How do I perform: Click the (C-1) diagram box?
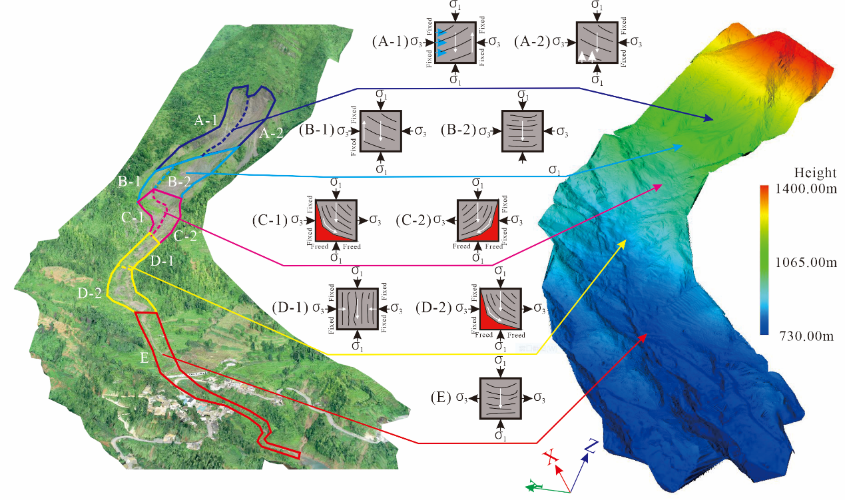(x=336, y=220)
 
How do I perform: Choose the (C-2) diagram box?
(x=477, y=220)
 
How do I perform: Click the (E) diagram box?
(x=500, y=398)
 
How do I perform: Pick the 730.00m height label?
(x=803, y=337)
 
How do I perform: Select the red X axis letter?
(x=550, y=457)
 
